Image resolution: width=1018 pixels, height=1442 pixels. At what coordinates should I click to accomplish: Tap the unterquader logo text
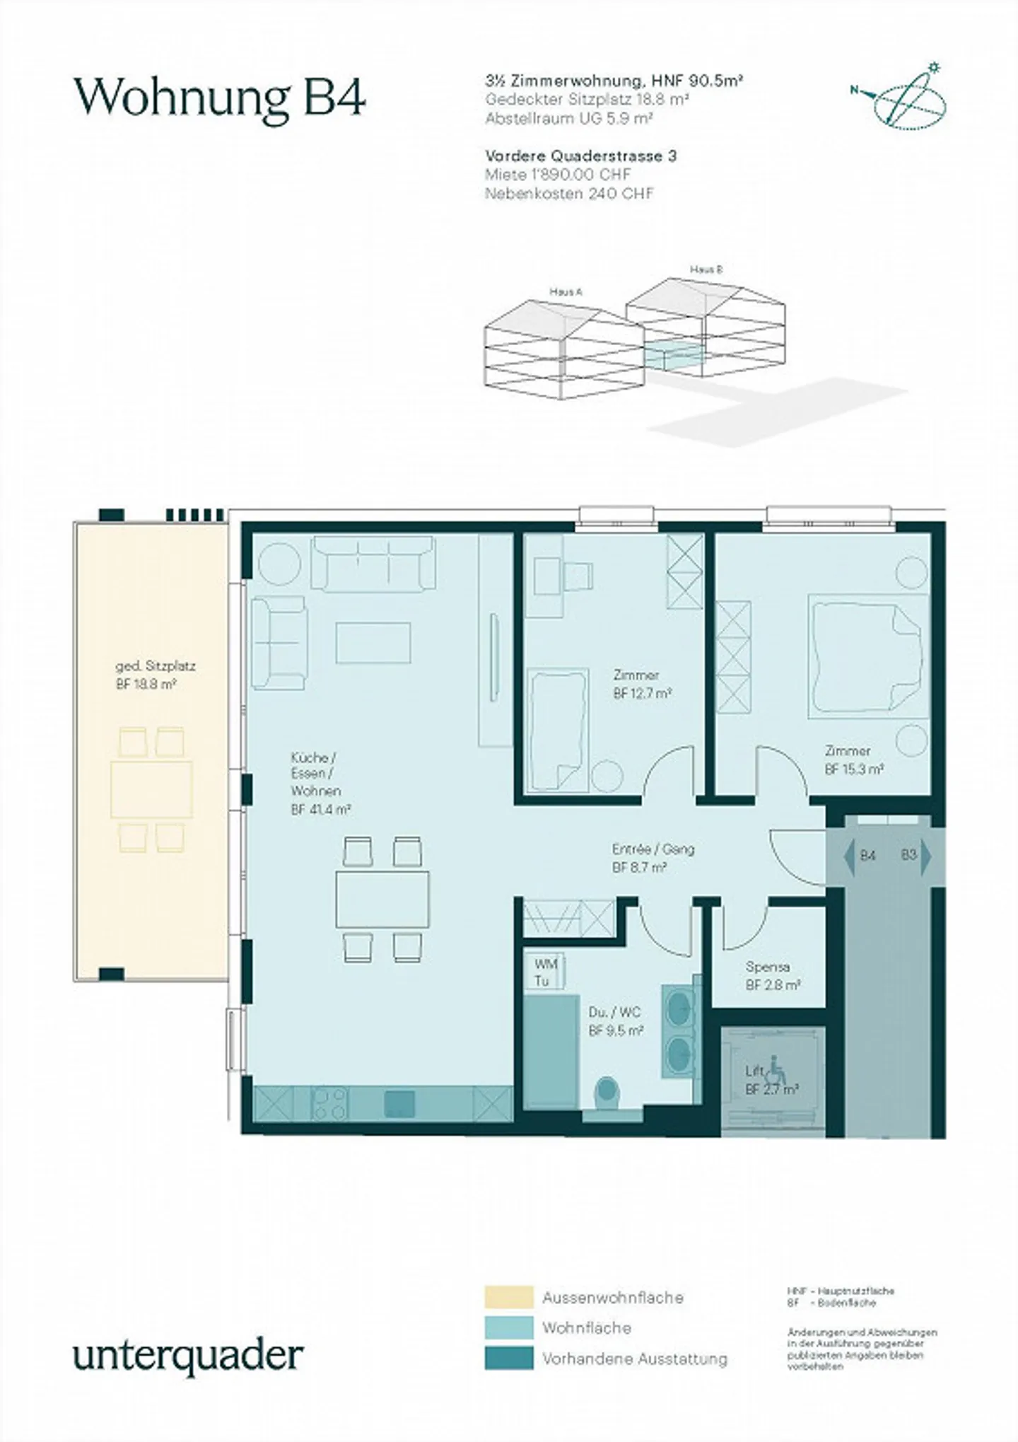[x=188, y=1355]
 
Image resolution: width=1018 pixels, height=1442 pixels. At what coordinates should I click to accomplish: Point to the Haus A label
[x=566, y=291]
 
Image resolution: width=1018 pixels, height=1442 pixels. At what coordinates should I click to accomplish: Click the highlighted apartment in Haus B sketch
[x=674, y=354]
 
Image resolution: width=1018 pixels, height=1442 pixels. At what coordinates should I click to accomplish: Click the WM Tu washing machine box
[x=546, y=972]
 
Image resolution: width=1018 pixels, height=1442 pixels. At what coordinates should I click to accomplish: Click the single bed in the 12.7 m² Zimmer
[x=558, y=730]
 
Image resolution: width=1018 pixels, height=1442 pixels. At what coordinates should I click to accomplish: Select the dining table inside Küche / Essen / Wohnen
[x=382, y=899]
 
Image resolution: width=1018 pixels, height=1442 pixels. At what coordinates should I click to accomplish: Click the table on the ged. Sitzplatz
[x=151, y=789]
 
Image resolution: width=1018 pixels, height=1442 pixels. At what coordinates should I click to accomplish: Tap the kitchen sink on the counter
[x=399, y=1103]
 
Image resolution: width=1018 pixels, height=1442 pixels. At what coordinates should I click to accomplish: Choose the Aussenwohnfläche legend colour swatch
[x=508, y=1297]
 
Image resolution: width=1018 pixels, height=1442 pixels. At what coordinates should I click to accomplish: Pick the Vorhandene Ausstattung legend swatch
[x=508, y=1358]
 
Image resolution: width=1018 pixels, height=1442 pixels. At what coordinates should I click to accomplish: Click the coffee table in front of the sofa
[x=373, y=642]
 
